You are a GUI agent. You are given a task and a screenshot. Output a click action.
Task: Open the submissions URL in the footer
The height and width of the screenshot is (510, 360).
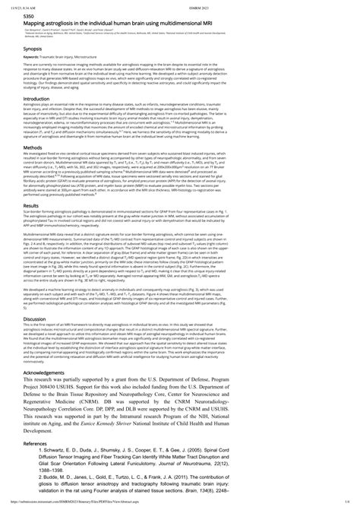point(65,505)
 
